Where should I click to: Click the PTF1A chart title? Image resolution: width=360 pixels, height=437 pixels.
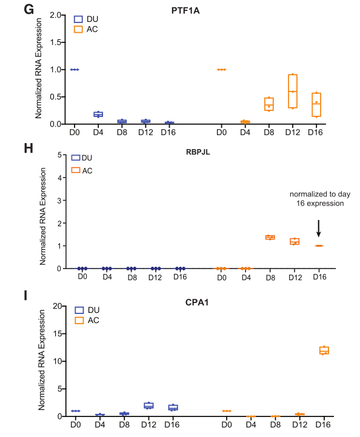[x=185, y=10]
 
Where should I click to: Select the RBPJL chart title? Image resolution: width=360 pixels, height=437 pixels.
[x=198, y=152]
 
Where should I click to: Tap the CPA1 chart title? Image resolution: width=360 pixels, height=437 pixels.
[x=197, y=302]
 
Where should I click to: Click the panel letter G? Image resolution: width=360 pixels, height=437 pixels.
[x=28, y=10]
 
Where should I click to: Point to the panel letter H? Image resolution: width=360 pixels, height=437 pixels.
[x=28, y=148]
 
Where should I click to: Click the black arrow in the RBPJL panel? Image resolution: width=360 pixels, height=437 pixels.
[x=319, y=229]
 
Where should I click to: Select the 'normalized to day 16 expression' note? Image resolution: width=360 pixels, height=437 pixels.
[x=320, y=199]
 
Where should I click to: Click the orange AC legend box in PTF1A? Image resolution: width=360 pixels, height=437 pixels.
[x=78, y=29]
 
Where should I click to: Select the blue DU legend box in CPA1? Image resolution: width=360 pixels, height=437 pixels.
[x=79, y=310]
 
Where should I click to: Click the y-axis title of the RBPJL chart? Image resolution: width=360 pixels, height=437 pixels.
[x=42, y=216]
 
